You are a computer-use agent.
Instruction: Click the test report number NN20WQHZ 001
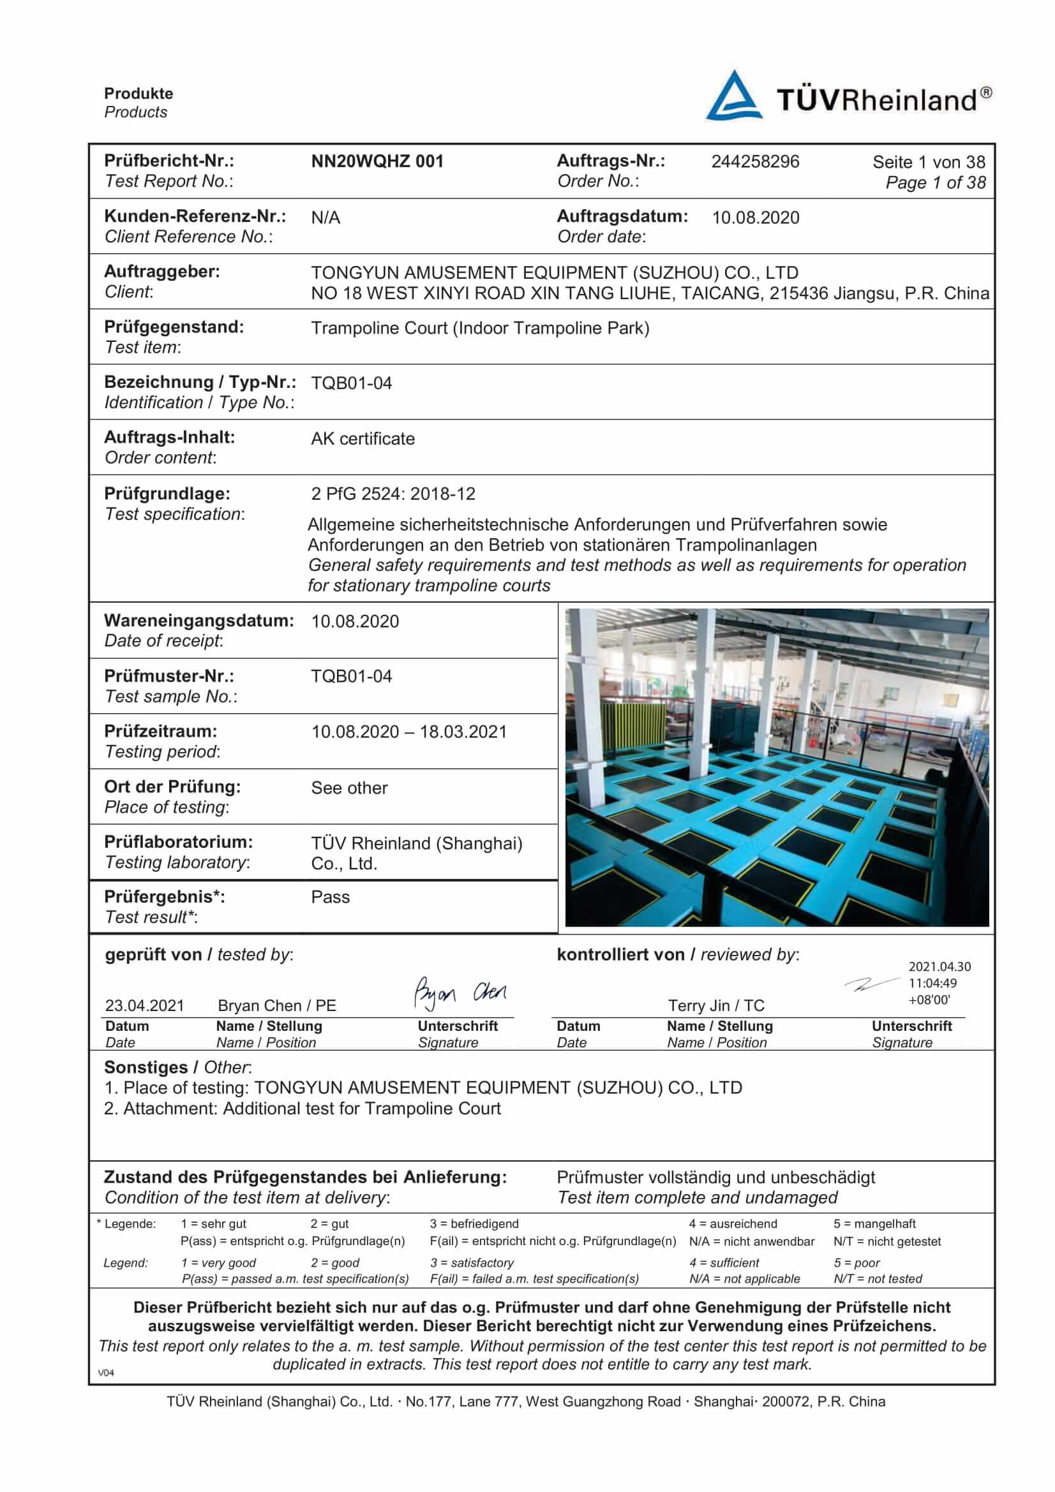pyautogui.click(x=377, y=161)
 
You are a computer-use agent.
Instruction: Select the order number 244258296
pyautogui.click(x=754, y=161)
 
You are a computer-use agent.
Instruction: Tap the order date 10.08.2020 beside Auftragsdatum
pyautogui.click(x=755, y=217)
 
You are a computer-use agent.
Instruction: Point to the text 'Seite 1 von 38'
pyautogui.click(x=928, y=162)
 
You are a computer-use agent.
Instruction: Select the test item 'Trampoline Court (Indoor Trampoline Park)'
pyautogui.click(x=480, y=327)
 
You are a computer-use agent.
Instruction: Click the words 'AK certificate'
pyautogui.click(x=363, y=439)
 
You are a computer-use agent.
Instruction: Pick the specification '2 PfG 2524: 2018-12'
pyautogui.click(x=393, y=494)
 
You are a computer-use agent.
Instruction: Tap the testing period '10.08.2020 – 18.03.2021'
pyautogui.click(x=409, y=732)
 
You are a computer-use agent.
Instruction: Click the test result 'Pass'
pyautogui.click(x=330, y=897)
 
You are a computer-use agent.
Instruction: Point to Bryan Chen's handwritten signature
pyautogui.click(x=460, y=993)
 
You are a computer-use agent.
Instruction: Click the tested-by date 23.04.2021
pyautogui.click(x=144, y=1005)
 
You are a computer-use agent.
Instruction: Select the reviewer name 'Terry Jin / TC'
pyautogui.click(x=716, y=1005)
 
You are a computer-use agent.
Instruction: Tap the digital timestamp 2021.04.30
pyautogui.click(x=939, y=966)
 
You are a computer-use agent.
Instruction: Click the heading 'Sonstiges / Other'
pyautogui.click(x=177, y=1067)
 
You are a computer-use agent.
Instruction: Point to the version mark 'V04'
pyautogui.click(x=106, y=1373)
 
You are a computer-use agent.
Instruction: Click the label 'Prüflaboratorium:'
pyautogui.click(x=179, y=841)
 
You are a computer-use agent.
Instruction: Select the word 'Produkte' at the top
pyautogui.click(x=138, y=94)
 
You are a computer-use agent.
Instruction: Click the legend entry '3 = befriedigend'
pyautogui.click(x=474, y=1223)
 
